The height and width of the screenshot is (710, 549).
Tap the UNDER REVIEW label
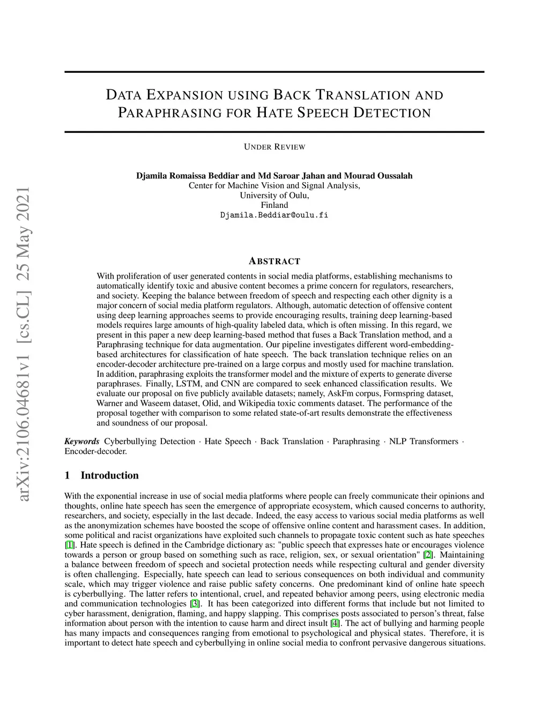pyautogui.click(x=274, y=147)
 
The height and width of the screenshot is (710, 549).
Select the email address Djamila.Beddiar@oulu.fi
pyautogui.click(x=274, y=215)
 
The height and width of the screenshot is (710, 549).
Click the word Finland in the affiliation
pyautogui.click(x=274, y=205)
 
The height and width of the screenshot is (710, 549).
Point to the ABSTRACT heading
pyautogui.click(x=274, y=261)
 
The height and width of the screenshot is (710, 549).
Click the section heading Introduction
pyautogui.click(x=109, y=475)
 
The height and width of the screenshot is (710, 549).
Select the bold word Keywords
pyautogui.click(x=81, y=442)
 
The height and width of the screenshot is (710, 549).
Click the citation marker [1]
pyautogui.click(x=70, y=545)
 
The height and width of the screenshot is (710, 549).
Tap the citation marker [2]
pyautogui.click(x=428, y=555)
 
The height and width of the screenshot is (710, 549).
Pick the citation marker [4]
pyautogui.click(x=335, y=623)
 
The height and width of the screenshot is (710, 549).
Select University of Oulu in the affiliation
pyautogui.click(x=274, y=196)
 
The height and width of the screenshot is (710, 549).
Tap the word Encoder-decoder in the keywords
pyautogui.click(x=95, y=451)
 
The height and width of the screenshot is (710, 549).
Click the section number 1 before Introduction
pyautogui.click(x=67, y=475)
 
